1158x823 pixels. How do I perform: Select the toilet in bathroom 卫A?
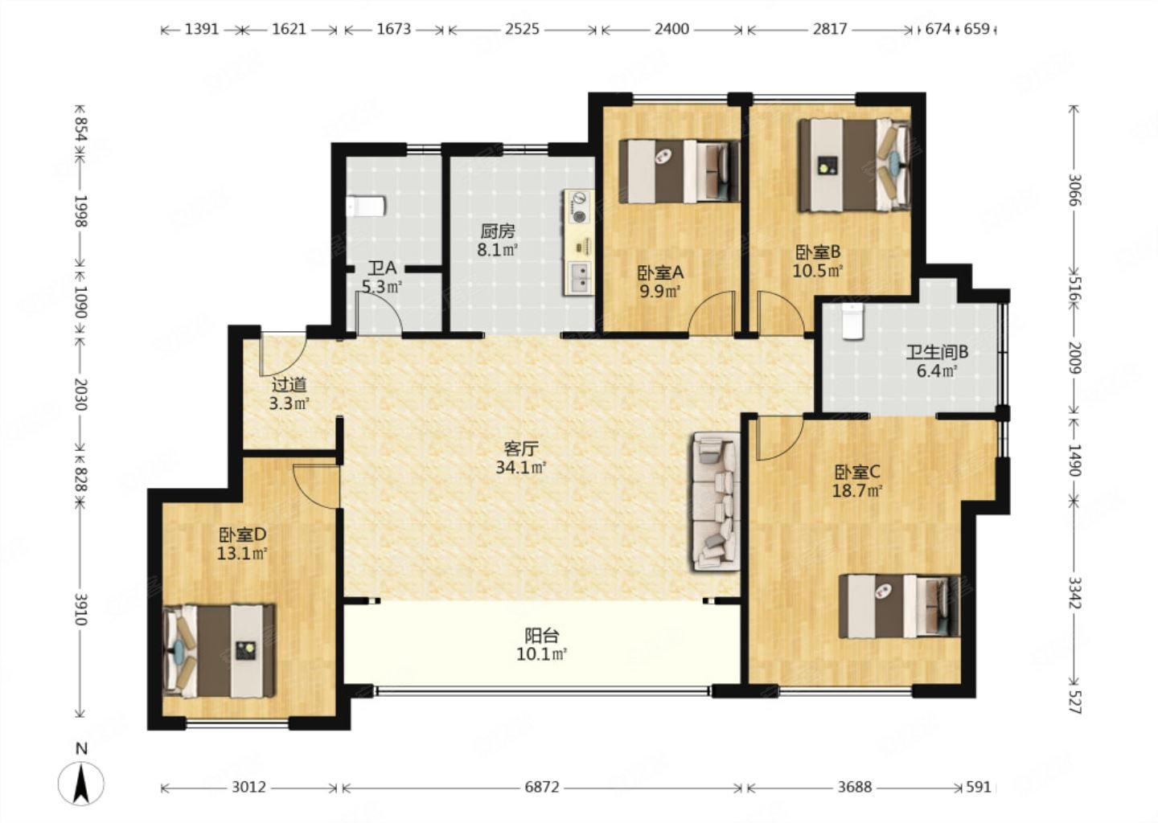(x=366, y=206)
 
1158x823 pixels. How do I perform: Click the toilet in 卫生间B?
(x=852, y=321)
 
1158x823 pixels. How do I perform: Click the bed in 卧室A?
(x=680, y=171)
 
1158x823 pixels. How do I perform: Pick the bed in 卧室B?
(x=854, y=166)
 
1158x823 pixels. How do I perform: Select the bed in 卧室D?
(x=220, y=651)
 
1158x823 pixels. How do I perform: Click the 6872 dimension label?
(x=542, y=787)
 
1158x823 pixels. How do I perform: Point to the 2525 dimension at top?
(x=522, y=29)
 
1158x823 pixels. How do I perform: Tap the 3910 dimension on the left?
(x=80, y=609)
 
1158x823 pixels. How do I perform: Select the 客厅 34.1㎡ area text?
(x=521, y=468)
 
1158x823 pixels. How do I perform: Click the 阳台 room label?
(x=541, y=634)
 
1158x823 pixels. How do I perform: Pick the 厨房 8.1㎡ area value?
(x=497, y=251)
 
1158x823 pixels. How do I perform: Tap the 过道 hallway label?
(x=289, y=384)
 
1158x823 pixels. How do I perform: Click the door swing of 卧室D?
(x=316, y=485)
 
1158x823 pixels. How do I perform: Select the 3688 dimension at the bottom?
(x=855, y=787)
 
